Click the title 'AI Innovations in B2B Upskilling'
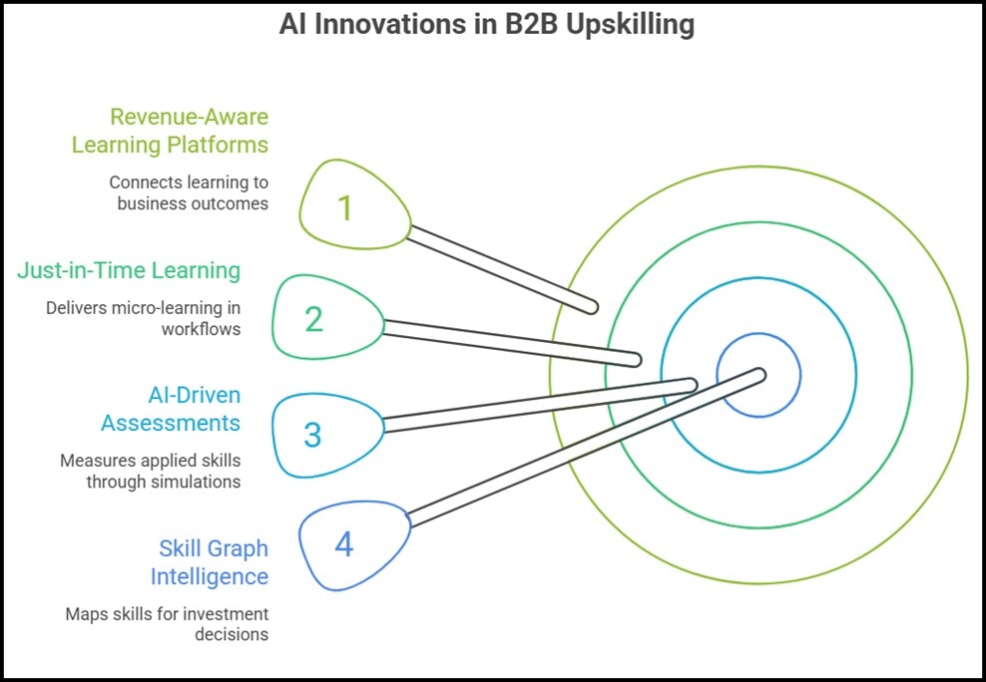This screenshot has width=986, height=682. (x=486, y=25)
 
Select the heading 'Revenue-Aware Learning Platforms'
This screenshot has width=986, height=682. (x=170, y=131)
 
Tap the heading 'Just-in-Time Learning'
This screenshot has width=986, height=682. (x=129, y=269)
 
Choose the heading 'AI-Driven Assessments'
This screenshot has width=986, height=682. (x=171, y=409)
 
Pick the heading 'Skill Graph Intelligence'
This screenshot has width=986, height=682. (x=210, y=562)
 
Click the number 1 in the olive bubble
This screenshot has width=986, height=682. (x=344, y=207)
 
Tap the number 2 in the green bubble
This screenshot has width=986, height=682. (x=314, y=319)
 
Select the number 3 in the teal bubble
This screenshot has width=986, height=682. (x=313, y=435)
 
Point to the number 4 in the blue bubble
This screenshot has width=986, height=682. (x=343, y=545)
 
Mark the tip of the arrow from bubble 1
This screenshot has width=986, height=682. (x=592, y=306)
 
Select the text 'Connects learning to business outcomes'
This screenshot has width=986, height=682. (x=189, y=192)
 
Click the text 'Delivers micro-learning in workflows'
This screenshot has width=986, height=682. (x=143, y=317)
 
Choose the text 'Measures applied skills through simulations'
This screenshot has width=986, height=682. (x=150, y=471)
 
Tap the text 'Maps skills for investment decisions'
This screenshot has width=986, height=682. (x=167, y=623)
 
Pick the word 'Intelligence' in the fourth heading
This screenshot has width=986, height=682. (x=210, y=576)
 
